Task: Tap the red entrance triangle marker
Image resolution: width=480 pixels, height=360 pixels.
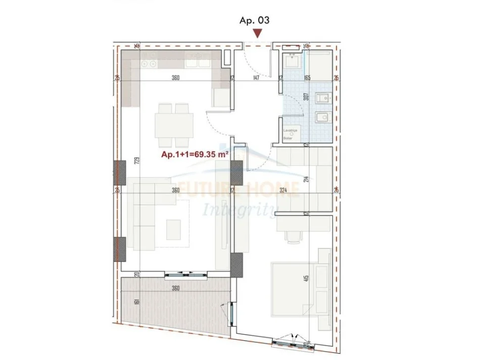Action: pos(258,34)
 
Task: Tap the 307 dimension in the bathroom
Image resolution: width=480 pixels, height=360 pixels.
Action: pos(305,97)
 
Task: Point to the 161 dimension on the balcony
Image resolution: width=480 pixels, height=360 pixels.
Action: pos(137,303)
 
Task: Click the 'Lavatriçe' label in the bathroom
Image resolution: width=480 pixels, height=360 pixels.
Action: pos(291,130)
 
